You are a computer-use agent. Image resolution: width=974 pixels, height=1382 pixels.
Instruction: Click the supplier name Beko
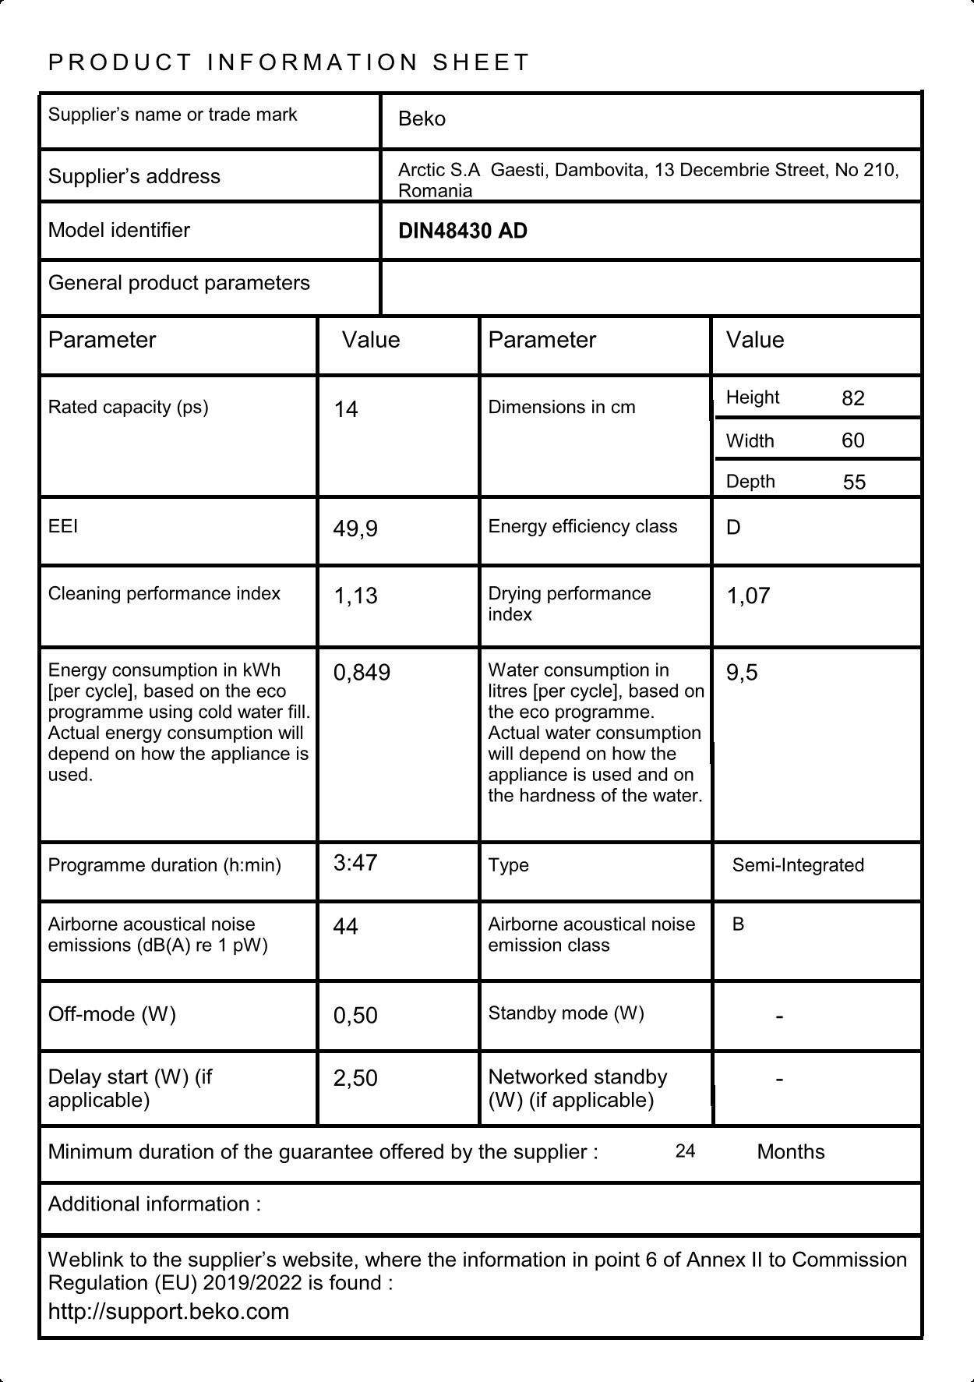tap(422, 118)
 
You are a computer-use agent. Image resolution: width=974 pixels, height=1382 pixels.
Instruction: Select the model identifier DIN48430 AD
tap(462, 232)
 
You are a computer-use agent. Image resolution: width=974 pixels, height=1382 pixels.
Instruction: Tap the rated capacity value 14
tap(346, 409)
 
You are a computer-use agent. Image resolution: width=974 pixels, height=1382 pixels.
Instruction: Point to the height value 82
tap(853, 398)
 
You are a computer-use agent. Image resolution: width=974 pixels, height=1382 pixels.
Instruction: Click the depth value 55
tap(854, 482)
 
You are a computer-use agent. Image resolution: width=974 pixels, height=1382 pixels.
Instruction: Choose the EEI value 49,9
tap(355, 529)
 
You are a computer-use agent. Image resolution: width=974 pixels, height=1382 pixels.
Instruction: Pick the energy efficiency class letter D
tap(733, 528)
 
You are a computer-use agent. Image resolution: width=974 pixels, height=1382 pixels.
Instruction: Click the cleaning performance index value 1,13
tap(355, 596)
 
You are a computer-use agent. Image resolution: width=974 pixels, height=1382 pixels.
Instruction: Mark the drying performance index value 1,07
tap(748, 596)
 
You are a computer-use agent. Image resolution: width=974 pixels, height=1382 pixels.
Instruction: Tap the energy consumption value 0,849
tap(362, 673)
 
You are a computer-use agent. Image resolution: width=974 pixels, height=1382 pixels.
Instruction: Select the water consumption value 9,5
tap(742, 673)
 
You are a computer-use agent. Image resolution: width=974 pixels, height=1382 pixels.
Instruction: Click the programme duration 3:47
tap(355, 863)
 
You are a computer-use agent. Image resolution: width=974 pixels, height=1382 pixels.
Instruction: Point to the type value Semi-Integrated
tap(798, 865)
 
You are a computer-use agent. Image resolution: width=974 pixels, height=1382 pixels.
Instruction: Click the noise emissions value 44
tap(345, 927)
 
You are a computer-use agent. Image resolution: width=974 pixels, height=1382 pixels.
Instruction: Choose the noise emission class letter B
tap(738, 924)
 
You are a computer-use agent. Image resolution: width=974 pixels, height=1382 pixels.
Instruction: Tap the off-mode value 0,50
tap(355, 1016)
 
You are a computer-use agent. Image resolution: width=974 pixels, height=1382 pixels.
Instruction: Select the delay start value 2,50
tap(355, 1079)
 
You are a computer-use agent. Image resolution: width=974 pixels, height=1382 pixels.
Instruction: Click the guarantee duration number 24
tap(685, 1151)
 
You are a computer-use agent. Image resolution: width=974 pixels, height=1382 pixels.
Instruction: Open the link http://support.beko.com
tap(168, 1311)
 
